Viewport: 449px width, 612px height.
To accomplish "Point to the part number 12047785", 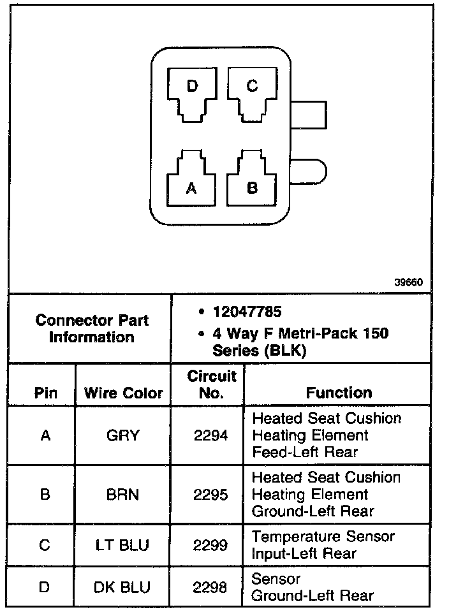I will [x=247, y=313].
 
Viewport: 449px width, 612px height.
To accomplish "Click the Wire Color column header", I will [x=124, y=393].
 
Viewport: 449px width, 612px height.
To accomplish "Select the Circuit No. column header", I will [x=212, y=384].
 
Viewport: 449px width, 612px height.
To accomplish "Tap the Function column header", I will [x=339, y=393].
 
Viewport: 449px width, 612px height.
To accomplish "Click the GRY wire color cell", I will [x=123, y=436].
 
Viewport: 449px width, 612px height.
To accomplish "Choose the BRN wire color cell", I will [x=123, y=495].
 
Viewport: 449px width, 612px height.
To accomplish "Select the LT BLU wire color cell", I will [x=123, y=545].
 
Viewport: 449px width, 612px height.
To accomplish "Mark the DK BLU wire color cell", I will [x=123, y=587].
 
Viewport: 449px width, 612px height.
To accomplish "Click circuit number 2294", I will [x=210, y=436].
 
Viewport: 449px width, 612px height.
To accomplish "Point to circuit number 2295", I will [x=210, y=495].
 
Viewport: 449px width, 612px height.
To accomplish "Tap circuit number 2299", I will [x=210, y=545].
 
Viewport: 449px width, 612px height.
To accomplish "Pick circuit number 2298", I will [x=210, y=587].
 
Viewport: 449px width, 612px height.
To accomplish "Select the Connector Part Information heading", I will [x=91, y=328].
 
